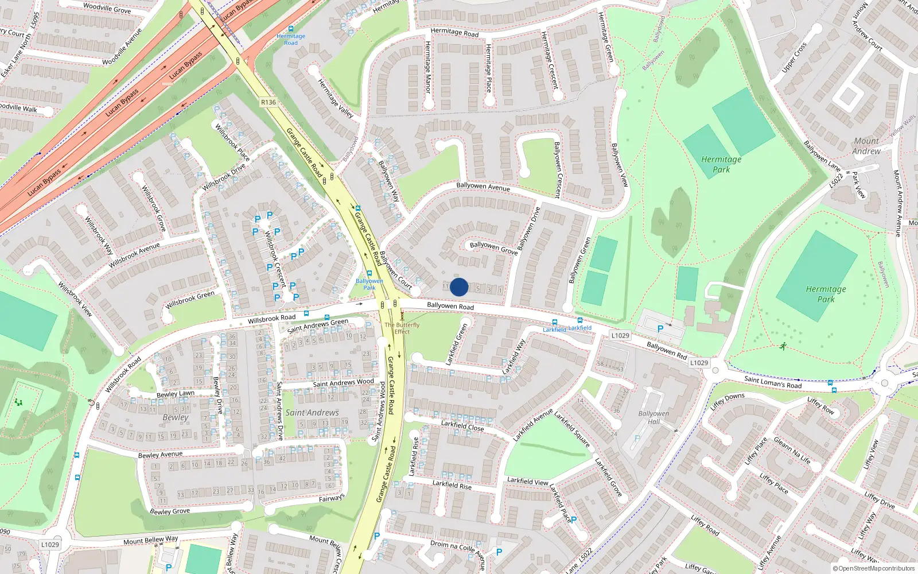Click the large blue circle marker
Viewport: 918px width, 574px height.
pos(459,287)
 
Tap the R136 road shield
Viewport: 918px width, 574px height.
pos(268,102)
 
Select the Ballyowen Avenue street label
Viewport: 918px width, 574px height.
pos(483,187)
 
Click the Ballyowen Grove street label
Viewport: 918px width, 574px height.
pos(493,248)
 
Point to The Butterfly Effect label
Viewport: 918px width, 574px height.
pos(402,328)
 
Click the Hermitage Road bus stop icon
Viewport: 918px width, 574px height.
pos(291,29)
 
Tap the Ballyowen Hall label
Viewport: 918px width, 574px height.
pos(654,417)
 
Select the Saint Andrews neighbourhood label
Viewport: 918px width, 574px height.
pos(312,412)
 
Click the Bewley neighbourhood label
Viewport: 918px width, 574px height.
pos(175,417)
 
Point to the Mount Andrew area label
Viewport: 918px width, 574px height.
pos(866,146)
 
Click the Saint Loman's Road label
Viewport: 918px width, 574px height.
pos(773,382)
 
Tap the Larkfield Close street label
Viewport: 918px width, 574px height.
pos(462,425)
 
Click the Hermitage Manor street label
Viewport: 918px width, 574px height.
pos(428,67)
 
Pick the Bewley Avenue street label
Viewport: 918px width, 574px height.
pos(160,455)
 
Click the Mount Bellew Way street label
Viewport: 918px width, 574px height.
pos(150,540)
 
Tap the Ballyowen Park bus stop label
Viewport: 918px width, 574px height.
pos(369,284)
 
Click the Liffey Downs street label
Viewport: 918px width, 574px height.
pos(727,401)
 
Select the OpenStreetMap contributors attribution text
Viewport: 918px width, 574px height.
pos(873,569)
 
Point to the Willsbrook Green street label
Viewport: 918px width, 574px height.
pos(190,300)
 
